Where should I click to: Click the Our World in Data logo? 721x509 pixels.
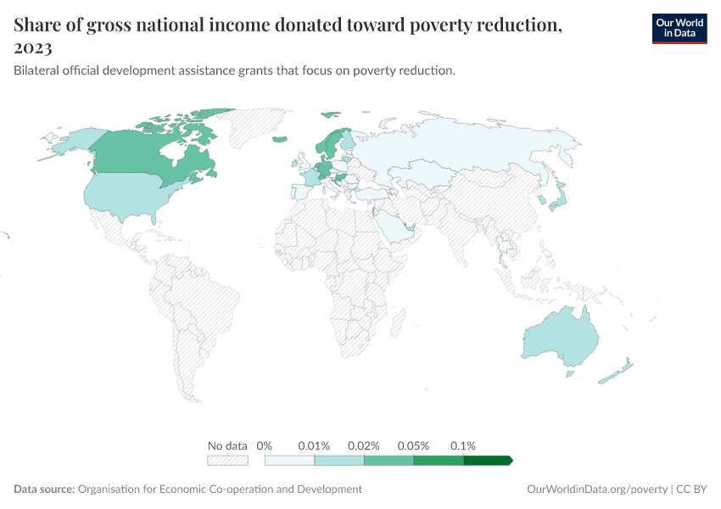[679, 28]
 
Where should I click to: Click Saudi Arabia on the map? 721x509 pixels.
[394, 225]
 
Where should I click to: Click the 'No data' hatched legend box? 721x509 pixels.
[227, 460]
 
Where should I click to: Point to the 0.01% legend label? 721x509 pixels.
[314, 445]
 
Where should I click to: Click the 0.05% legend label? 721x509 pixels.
[414, 445]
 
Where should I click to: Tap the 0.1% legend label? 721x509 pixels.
[463, 445]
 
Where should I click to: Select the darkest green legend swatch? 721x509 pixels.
[488, 460]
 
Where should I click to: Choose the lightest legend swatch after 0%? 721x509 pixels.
[289, 460]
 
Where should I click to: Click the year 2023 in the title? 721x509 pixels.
[33, 49]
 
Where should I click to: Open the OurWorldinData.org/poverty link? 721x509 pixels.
[597, 489]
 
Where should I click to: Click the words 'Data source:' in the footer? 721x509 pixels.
[44, 489]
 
